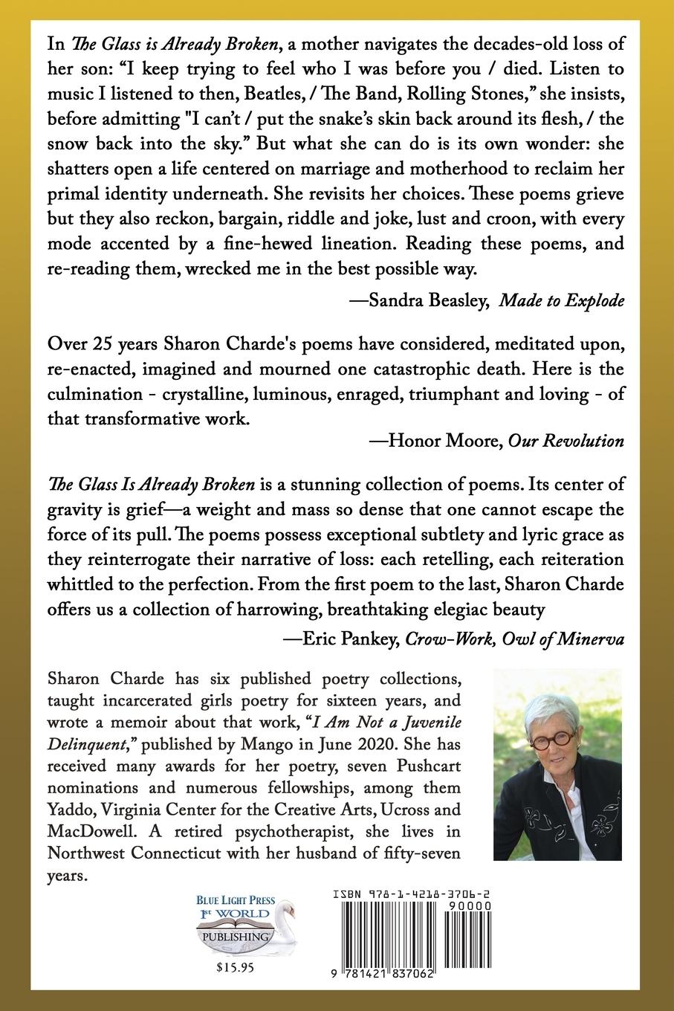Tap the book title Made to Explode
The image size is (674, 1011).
click(x=561, y=300)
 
